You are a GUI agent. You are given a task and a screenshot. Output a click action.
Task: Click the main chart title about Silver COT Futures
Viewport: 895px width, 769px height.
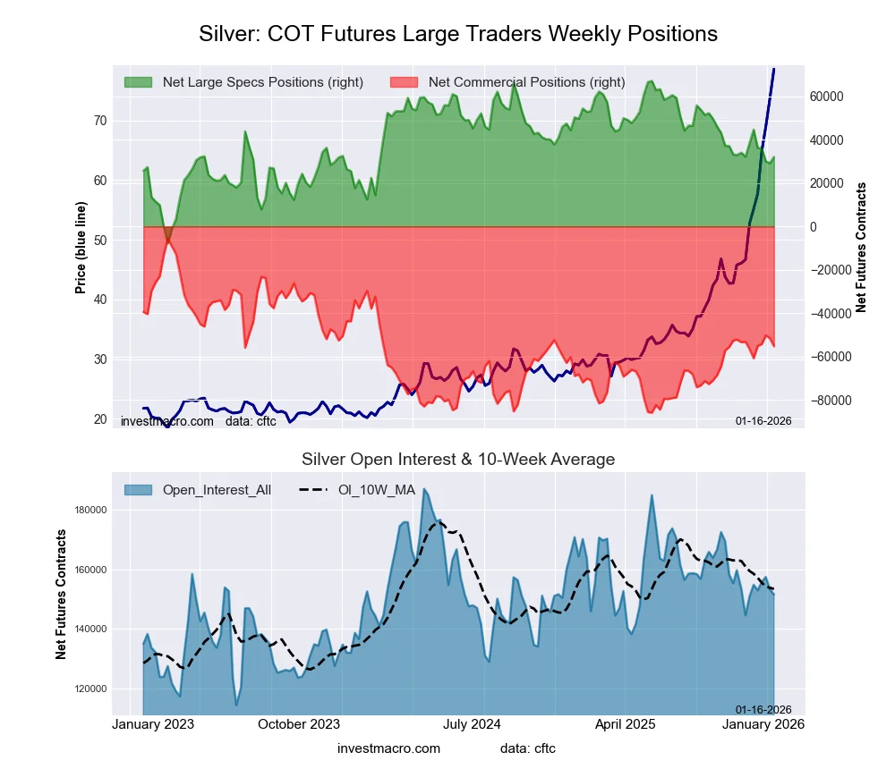pos(457,34)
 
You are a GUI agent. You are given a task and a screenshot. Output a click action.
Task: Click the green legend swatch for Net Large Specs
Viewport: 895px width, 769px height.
pos(138,82)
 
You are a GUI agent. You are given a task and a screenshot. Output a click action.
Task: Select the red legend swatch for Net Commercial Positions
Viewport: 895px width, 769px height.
pos(404,82)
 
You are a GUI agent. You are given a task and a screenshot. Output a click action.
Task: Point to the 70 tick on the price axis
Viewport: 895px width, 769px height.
pos(99,121)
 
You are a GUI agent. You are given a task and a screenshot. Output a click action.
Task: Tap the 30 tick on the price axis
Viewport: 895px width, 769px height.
pos(99,359)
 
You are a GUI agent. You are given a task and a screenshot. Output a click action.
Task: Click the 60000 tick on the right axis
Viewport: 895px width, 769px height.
pos(827,97)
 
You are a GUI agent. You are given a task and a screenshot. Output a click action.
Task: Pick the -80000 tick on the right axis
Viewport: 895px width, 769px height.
pos(829,401)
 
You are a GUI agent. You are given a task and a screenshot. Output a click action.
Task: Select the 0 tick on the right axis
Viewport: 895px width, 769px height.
pos(814,227)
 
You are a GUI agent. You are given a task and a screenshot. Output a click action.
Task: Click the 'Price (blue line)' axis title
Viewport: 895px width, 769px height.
pos(81,248)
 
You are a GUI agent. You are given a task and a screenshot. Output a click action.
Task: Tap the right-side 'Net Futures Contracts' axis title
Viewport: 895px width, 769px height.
pos(862,248)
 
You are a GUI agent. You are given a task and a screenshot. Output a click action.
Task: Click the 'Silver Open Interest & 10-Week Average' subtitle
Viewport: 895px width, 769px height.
pos(457,460)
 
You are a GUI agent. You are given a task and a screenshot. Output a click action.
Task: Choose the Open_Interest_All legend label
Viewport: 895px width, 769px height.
pos(217,490)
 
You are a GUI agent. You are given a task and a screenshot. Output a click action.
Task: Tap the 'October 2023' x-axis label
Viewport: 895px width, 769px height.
pos(299,723)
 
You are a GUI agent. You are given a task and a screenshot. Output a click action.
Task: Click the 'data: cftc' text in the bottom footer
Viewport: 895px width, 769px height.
pos(527,748)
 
